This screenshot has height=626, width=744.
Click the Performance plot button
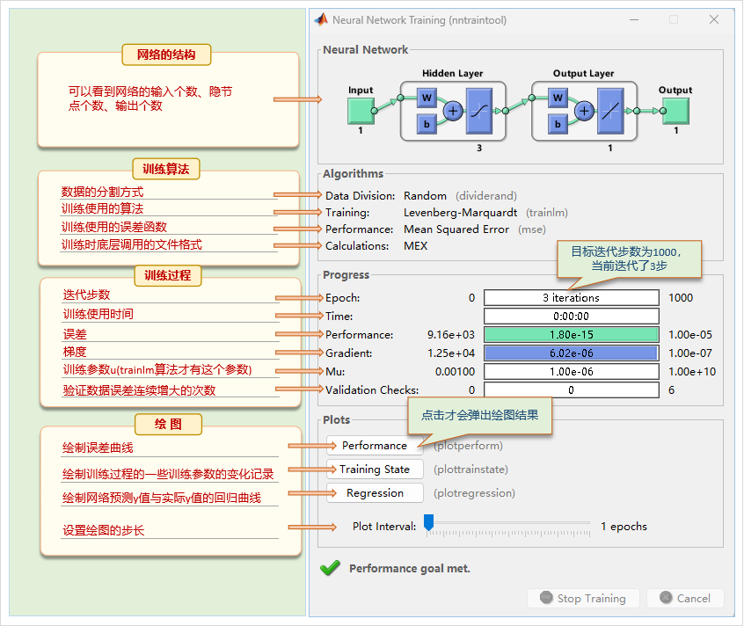(374, 446)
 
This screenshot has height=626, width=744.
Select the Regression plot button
(375, 493)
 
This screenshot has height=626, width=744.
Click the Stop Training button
(581, 599)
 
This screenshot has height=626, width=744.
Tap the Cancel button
(684, 599)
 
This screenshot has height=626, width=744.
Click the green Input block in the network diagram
(361, 111)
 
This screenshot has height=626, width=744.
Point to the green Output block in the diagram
(675, 111)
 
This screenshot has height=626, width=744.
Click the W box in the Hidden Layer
(427, 97)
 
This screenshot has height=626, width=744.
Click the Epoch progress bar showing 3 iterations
(571, 298)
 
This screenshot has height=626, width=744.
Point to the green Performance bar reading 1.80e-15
(571, 335)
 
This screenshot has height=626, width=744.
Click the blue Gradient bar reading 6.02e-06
(571, 353)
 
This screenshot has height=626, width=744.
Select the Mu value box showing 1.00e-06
(571, 372)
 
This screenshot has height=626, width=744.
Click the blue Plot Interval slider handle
(428, 524)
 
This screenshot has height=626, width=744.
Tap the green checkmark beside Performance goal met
(330, 568)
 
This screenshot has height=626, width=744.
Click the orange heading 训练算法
(166, 169)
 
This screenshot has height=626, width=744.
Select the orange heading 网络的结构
(166, 55)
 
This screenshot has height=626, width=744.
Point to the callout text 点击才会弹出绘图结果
(479, 415)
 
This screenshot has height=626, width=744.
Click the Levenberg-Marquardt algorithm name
(461, 213)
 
